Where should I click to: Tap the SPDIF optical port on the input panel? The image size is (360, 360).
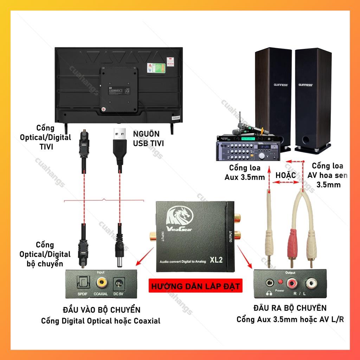83,282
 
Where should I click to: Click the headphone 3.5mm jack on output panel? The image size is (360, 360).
270,282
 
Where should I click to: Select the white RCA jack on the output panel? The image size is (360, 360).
310,282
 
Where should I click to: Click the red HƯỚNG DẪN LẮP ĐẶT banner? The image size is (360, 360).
196,286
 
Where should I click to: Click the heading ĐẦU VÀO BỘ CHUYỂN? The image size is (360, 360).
102,310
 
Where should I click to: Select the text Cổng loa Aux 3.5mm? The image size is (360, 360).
245,172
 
